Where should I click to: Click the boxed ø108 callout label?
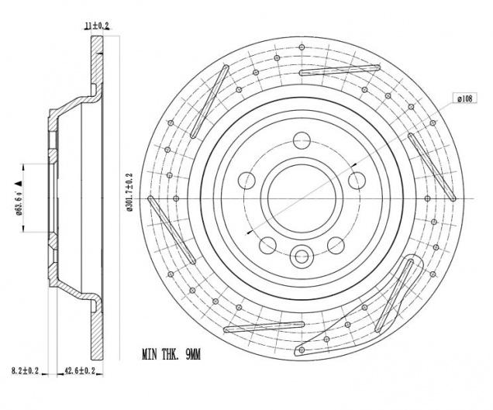[x=464, y=98]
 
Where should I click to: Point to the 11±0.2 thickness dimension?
[x=97, y=26]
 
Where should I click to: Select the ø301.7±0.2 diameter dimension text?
[x=129, y=192]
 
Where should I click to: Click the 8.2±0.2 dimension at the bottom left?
[x=25, y=370]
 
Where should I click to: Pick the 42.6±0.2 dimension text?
[x=80, y=370]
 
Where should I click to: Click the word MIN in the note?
[x=150, y=354]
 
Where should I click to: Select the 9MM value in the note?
[x=193, y=354]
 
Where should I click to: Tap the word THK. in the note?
[x=171, y=354]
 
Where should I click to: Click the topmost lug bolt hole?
[x=302, y=140]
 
